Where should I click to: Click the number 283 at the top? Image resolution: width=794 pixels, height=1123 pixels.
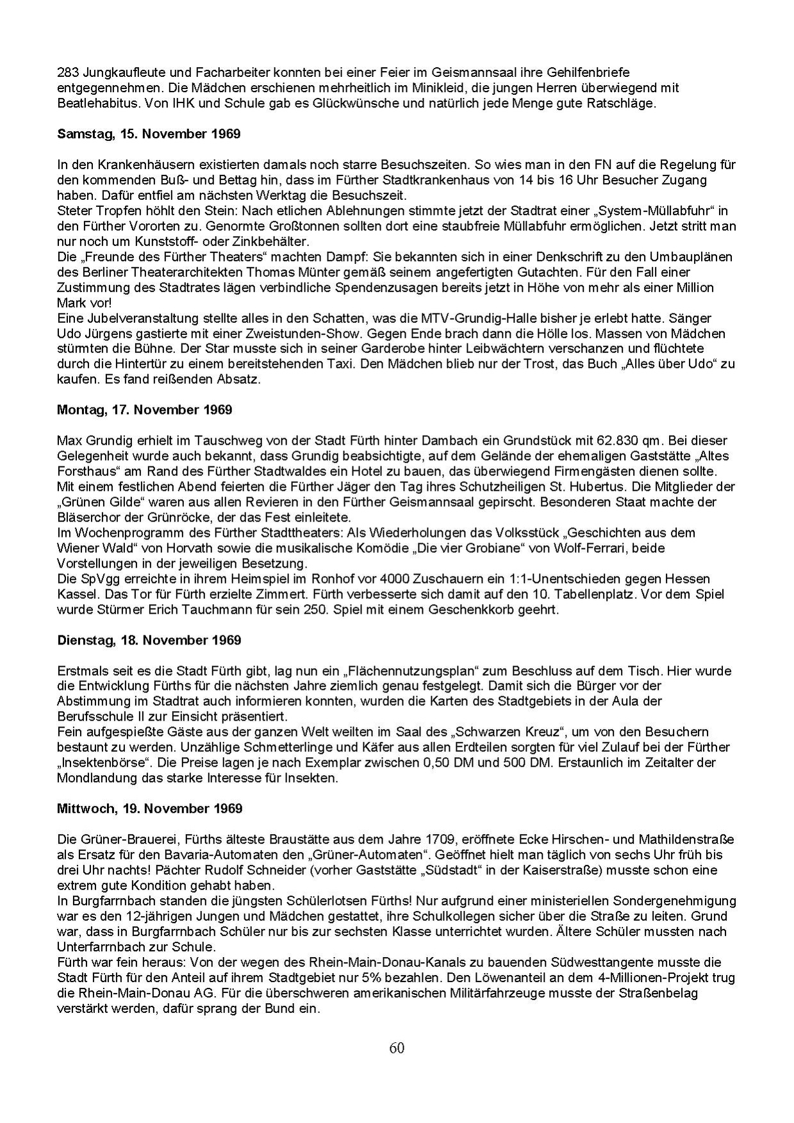click(67, 72)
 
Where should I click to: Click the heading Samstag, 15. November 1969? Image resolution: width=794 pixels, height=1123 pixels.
click(149, 134)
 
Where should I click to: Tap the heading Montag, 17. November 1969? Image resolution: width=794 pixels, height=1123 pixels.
click(144, 409)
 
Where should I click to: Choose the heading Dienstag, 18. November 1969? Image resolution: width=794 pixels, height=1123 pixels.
click(149, 640)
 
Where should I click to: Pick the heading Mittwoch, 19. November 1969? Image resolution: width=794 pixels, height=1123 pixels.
click(149, 808)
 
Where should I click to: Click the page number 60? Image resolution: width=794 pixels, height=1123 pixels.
click(397, 1048)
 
